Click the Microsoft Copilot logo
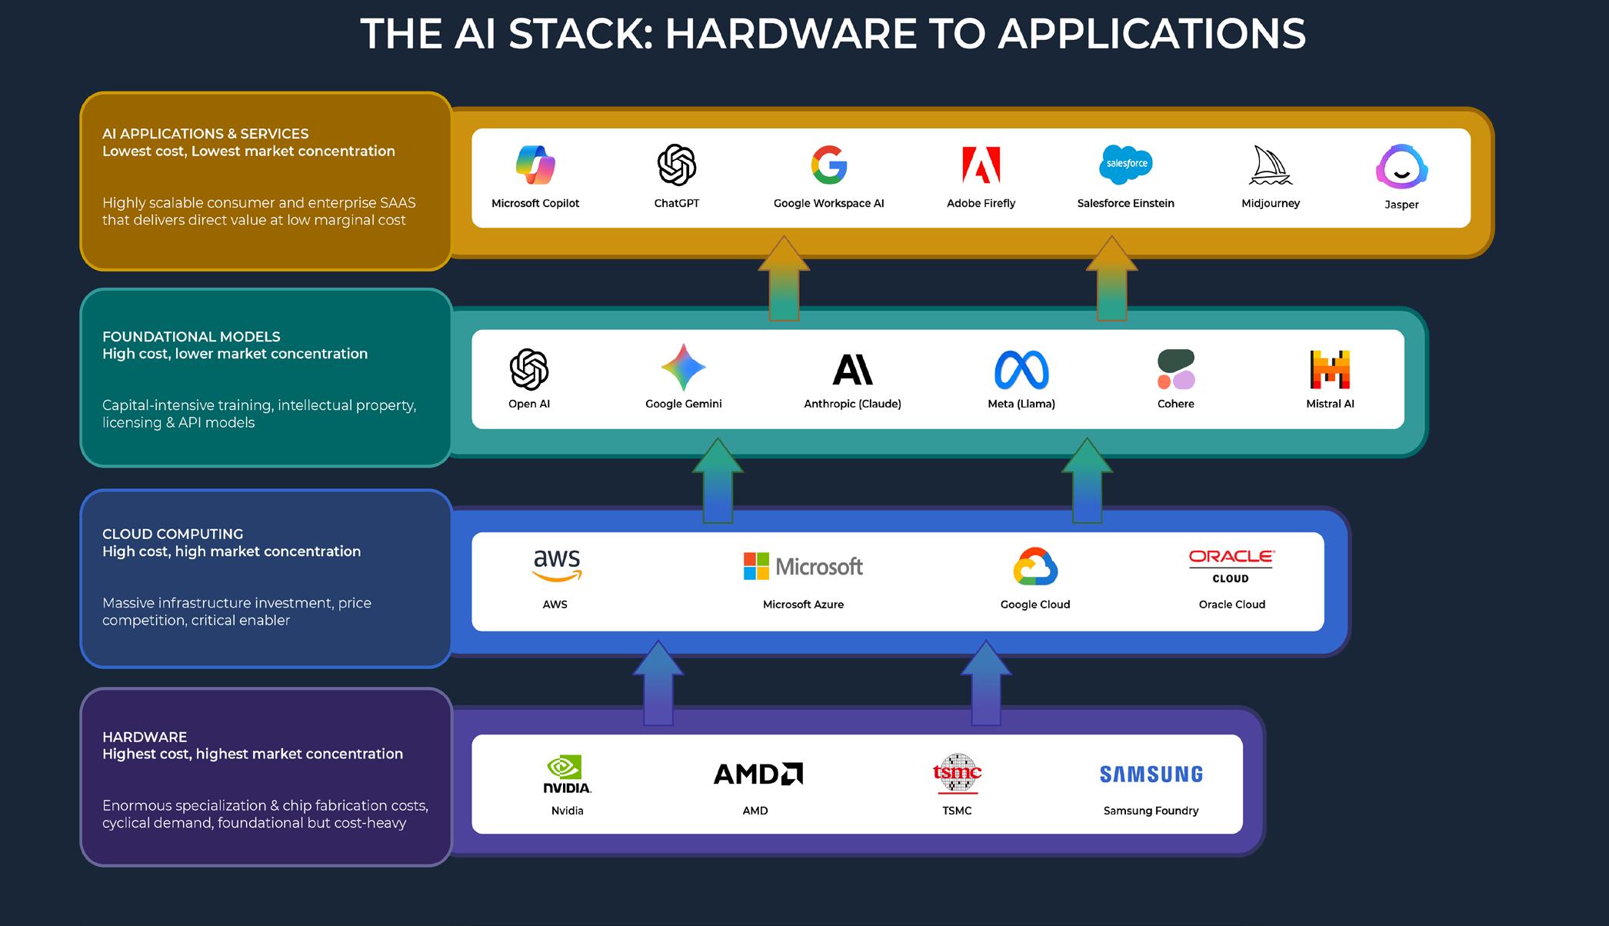(535, 165)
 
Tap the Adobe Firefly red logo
(981, 165)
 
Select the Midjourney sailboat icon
(1271, 165)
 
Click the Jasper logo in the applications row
(1401, 166)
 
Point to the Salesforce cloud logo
(1126, 164)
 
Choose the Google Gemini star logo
(683, 368)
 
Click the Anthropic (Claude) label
(852, 404)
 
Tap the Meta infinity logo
(1021, 369)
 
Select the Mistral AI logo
(1330, 369)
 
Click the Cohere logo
(1176, 369)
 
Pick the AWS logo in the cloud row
(557, 566)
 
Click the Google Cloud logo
(1035, 567)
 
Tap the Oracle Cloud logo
(1231, 566)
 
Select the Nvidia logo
(568, 774)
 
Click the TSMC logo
(957, 773)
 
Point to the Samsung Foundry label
(1151, 811)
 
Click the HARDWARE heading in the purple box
(145, 737)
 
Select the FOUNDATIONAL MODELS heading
(192, 337)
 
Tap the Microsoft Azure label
(803, 605)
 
